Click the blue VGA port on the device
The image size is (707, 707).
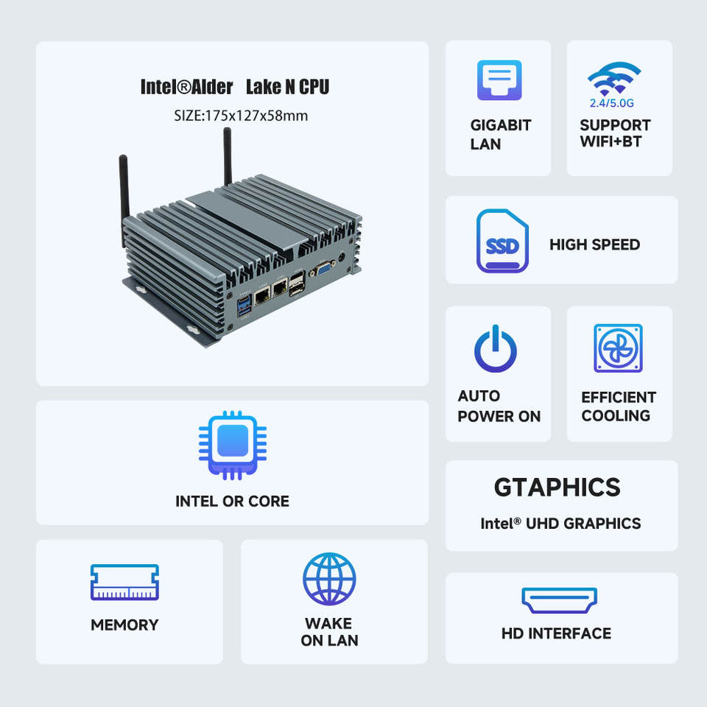tap(323, 270)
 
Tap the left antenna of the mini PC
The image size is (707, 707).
tap(124, 199)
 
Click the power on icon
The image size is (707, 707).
tap(496, 348)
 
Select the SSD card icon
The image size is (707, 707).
tap(502, 242)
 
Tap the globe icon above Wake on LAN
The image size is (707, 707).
tap(329, 579)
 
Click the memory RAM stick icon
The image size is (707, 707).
tap(124, 582)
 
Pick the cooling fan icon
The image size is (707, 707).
tap(618, 348)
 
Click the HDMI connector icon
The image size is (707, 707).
tap(560, 599)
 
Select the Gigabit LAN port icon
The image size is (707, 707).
tap(499, 80)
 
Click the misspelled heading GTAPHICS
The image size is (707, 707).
tap(557, 488)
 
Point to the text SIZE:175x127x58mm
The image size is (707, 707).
tap(241, 116)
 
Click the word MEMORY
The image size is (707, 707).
tap(124, 625)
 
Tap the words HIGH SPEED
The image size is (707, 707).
tap(594, 245)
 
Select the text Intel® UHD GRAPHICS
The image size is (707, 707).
tap(560, 524)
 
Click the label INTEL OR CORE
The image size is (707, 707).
tap(232, 502)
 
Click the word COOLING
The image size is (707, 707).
tap(616, 416)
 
